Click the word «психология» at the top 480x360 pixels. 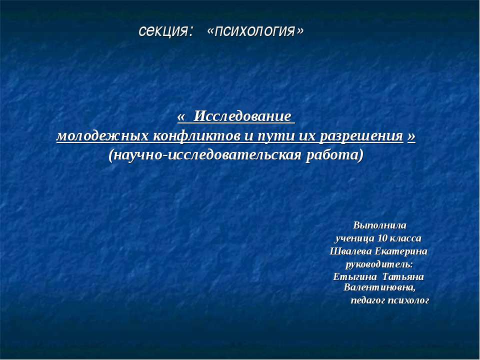255,31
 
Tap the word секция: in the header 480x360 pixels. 166,31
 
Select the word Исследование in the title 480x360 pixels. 242,116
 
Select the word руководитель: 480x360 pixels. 379,263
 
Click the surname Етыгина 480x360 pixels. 354,276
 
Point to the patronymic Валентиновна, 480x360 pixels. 379,287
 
